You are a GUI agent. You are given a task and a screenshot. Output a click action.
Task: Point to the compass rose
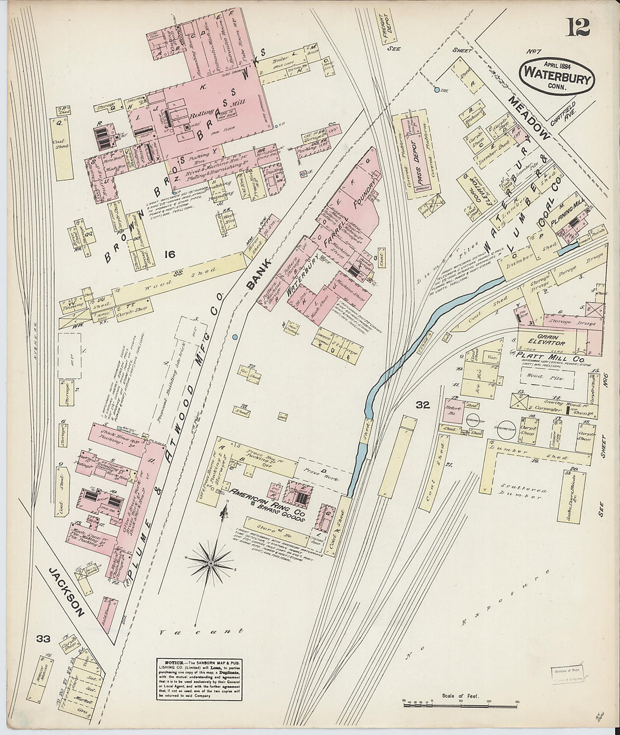(211, 563)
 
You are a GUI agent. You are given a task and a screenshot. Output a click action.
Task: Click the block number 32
(423, 404)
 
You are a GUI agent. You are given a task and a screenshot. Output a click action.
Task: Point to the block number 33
(43, 638)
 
